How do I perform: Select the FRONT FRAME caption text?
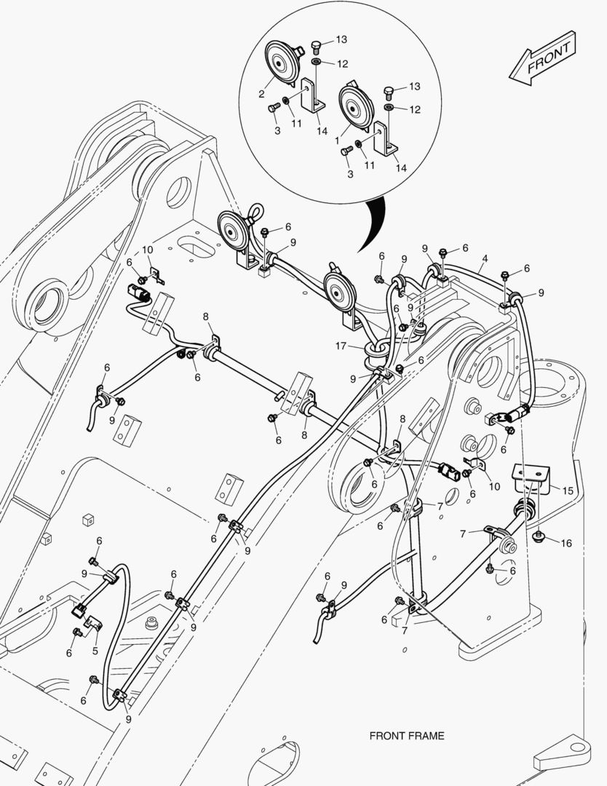click(x=406, y=736)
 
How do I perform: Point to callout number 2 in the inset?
click(x=261, y=94)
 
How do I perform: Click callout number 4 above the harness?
click(x=485, y=258)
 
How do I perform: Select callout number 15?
click(x=567, y=491)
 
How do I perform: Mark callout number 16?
click(x=566, y=543)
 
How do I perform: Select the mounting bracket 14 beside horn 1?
click(x=384, y=140)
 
